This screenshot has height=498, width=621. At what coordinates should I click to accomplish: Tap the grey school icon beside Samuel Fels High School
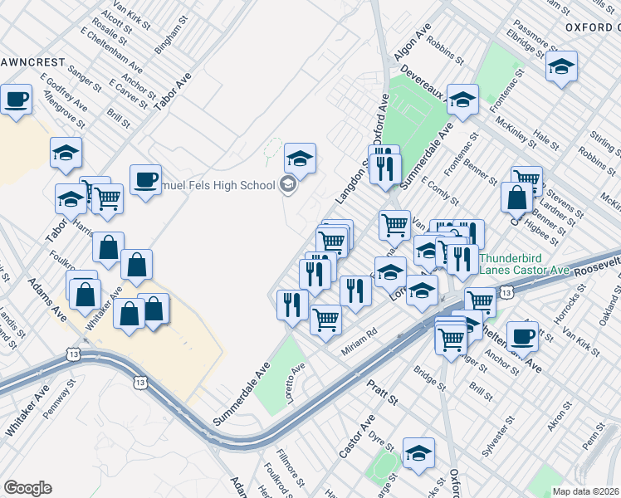pos(288,184)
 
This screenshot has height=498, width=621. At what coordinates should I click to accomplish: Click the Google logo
pos(27,488)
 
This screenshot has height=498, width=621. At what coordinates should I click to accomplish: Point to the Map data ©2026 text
pos(585,491)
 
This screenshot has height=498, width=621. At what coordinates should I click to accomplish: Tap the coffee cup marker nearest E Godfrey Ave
pos(16,101)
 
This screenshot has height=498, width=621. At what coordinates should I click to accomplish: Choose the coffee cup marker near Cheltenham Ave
pos(522,336)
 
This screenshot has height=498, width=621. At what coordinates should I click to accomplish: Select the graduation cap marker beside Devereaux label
pos(462,100)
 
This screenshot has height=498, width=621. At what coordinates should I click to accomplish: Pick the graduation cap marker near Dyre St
pos(418,452)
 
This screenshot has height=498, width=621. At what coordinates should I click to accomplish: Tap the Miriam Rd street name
pos(360,342)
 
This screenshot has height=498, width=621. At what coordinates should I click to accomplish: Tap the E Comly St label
pos(440,190)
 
